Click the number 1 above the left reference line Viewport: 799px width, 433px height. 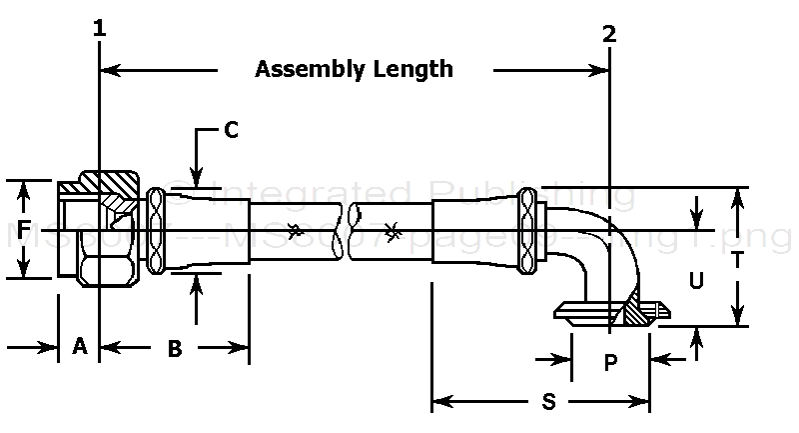pyautogui.click(x=99, y=29)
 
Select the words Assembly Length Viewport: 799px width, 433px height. pyautogui.click(x=354, y=69)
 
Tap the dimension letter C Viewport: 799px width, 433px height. pyautogui.click(x=231, y=129)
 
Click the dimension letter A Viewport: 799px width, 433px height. pyautogui.click(x=80, y=347)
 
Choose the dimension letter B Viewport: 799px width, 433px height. pyautogui.click(x=174, y=348)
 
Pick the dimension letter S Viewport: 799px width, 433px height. pyautogui.click(x=547, y=402)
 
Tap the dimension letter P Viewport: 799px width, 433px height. pyautogui.click(x=611, y=363)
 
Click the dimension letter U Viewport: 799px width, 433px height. pyautogui.click(x=697, y=281)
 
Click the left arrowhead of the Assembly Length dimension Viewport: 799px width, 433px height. pyautogui.click(x=109, y=69)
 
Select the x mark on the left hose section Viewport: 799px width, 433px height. pyautogui.click(x=294, y=230)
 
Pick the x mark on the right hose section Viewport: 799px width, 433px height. pyautogui.click(x=394, y=232)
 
